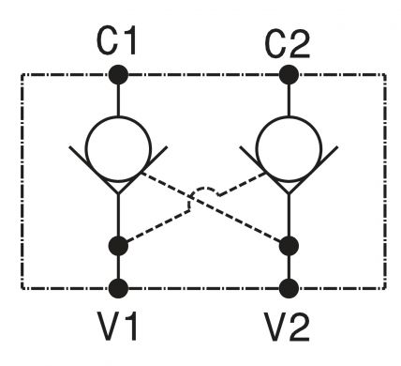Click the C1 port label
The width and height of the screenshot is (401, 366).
116,40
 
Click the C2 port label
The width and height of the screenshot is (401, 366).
287,44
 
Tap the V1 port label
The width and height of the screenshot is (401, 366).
117,327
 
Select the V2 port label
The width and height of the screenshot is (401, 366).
287,328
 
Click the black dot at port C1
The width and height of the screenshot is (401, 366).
118,75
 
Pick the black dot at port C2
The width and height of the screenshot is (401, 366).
289,75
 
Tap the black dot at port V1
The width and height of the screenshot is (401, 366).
118,288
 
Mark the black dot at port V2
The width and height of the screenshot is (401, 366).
289,288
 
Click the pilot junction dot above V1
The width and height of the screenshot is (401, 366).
118,246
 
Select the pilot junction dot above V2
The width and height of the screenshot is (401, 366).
289,246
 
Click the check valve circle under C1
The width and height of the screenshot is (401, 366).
118,149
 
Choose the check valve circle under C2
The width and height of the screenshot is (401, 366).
289,149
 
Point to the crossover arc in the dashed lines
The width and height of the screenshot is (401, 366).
203,189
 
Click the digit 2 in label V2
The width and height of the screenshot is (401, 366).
299,327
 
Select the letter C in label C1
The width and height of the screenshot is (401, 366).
108,40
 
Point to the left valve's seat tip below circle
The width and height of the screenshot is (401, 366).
118,193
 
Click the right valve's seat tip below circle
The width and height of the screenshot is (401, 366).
289,193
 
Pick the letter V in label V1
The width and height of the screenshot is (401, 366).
110,327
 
